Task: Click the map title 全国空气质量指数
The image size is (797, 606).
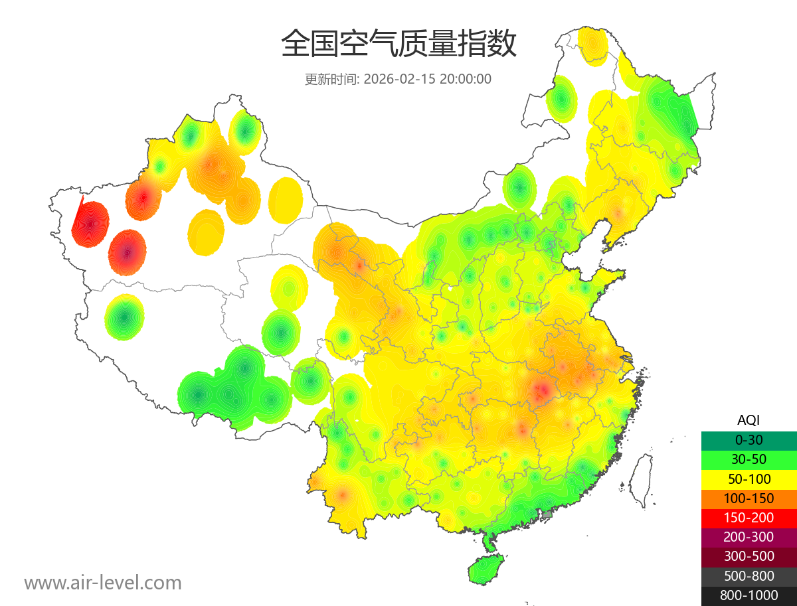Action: (398, 45)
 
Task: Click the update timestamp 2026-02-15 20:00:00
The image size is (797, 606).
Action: (427, 79)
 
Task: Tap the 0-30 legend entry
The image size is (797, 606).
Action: (749, 439)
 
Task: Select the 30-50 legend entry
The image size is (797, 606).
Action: (749, 459)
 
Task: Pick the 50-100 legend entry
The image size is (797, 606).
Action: (749, 479)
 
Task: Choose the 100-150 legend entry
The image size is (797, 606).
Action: (749, 498)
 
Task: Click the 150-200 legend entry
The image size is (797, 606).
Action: (749, 518)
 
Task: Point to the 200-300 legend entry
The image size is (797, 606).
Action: (749, 537)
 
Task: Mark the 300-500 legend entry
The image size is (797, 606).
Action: (749, 556)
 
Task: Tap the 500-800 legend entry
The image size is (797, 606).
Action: (749, 576)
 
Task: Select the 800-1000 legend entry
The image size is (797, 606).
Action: (749, 595)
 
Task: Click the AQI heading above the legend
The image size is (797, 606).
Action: (749, 420)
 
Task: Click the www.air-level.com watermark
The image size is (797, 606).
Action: (103, 583)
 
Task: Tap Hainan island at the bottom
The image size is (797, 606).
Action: (486, 569)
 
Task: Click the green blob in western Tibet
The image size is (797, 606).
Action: (124, 317)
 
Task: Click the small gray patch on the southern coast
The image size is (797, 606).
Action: (547, 514)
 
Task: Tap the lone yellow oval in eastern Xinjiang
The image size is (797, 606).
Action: (286, 200)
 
